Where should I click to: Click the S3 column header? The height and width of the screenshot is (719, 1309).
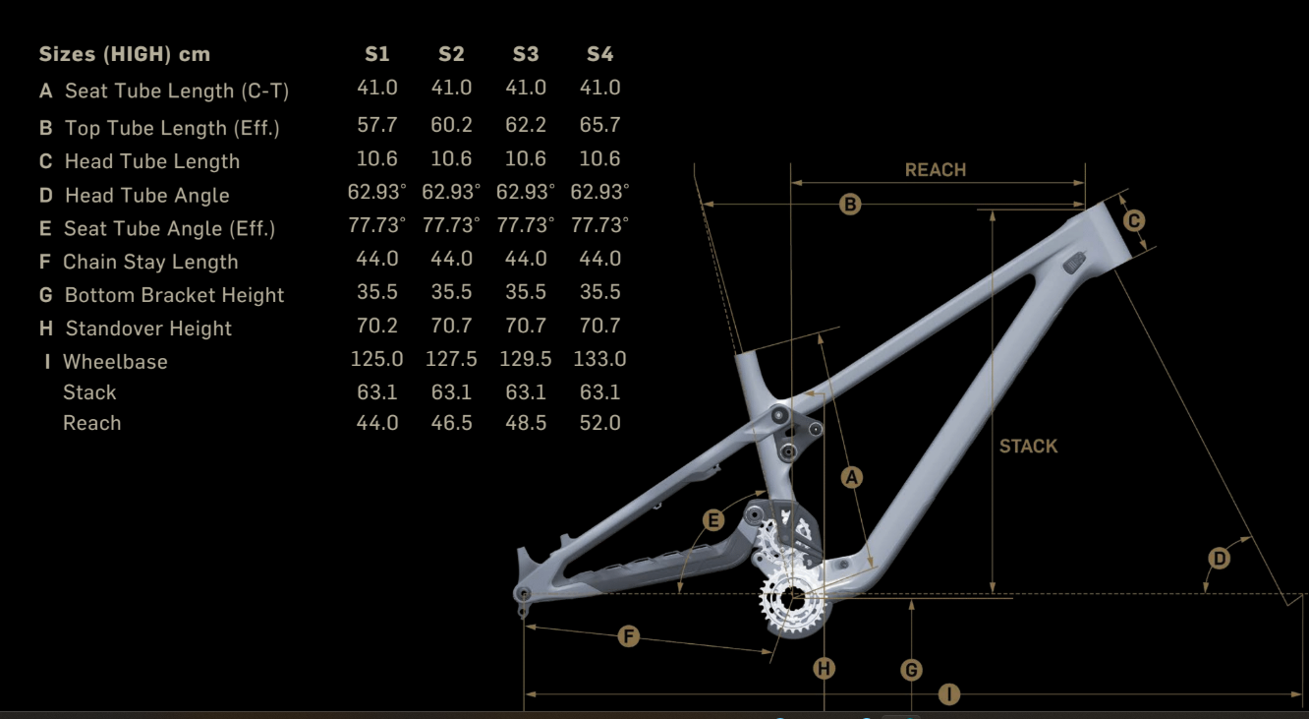point(525,54)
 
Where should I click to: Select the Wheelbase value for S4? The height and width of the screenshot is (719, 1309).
point(599,359)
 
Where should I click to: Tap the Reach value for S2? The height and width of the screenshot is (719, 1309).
point(451,423)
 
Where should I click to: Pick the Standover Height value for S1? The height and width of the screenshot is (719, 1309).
point(376,326)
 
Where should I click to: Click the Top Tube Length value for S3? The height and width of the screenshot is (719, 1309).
point(525,125)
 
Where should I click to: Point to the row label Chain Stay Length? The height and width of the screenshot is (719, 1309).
point(150,262)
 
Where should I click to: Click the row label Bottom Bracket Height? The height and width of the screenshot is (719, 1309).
point(174,295)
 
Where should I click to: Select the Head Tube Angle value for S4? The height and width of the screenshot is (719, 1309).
point(599,191)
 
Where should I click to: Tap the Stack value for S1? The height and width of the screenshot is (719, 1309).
point(376,391)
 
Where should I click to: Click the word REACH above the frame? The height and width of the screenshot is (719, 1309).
point(935,170)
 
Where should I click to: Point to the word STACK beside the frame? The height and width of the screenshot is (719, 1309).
point(1028,446)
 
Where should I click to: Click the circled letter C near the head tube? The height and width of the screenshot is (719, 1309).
point(1133,221)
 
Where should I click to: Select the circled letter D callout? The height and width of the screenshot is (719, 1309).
point(1219,559)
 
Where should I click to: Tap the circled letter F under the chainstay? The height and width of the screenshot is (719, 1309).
point(629,636)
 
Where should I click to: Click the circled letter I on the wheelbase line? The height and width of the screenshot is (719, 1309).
point(948,694)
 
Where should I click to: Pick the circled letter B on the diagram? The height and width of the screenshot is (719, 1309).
point(850,205)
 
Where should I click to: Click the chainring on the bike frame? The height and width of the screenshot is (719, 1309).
point(786,597)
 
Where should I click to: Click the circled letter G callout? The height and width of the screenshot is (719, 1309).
point(912,670)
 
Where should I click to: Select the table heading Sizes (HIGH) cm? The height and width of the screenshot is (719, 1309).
point(124,54)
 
